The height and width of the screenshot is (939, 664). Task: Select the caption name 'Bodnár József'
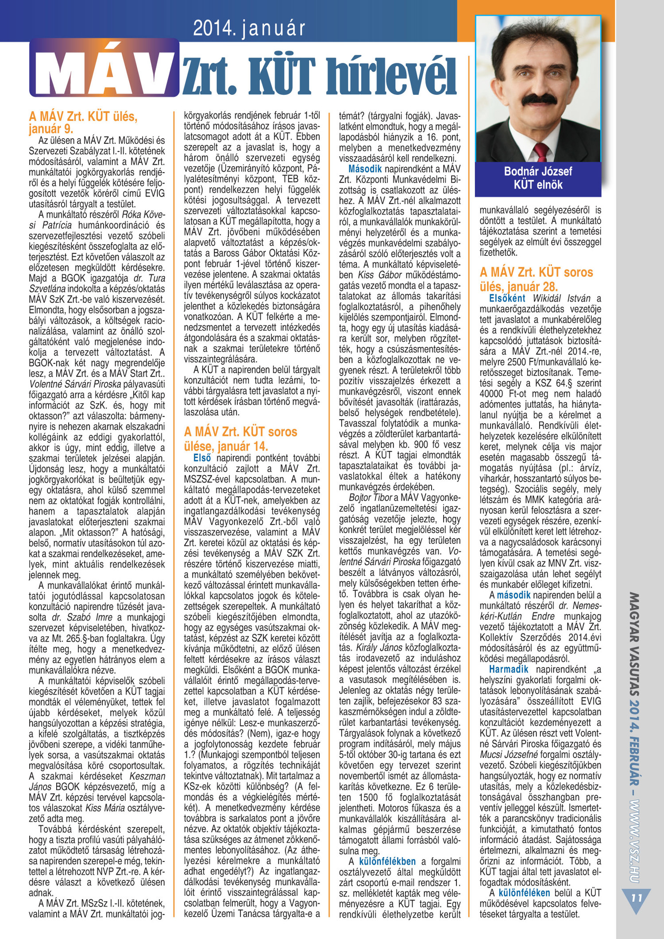click(538, 171)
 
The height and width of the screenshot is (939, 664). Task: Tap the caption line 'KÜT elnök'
click(538, 185)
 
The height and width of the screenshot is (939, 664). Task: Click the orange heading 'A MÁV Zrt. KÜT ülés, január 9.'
click(83, 123)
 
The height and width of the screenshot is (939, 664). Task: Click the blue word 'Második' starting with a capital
click(365, 169)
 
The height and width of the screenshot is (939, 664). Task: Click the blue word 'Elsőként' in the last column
click(507, 298)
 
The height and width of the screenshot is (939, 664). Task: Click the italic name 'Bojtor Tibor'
click(371, 497)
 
